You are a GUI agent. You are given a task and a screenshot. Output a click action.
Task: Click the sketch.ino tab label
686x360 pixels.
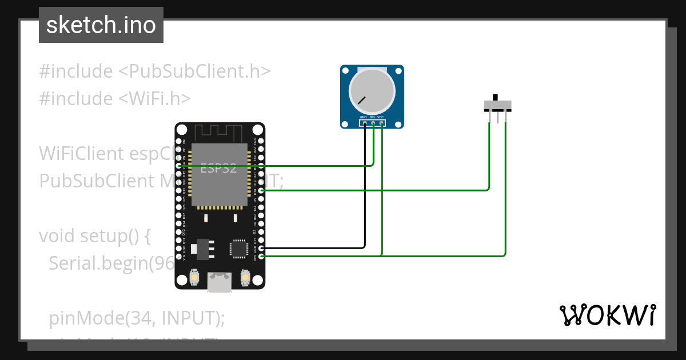(x=101, y=25)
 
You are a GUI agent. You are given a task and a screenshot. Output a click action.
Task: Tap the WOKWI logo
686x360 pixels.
(x=607, y=315)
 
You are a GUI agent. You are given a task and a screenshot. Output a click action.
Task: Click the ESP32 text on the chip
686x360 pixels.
(x=218, y=169)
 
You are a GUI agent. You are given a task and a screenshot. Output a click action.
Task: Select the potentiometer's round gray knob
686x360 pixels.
(x=372, y=91)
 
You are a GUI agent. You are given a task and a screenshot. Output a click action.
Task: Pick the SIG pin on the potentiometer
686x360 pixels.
(x=373, y=122)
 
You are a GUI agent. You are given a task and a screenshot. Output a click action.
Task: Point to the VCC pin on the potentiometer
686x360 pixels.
(x=381, y=122)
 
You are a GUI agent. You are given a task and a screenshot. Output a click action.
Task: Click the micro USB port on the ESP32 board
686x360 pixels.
(x=220, y=282)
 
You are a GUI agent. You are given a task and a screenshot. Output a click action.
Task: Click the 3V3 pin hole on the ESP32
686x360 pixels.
(x=261, y=257)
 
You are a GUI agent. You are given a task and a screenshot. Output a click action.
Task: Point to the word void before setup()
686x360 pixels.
(x=57, y=236)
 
